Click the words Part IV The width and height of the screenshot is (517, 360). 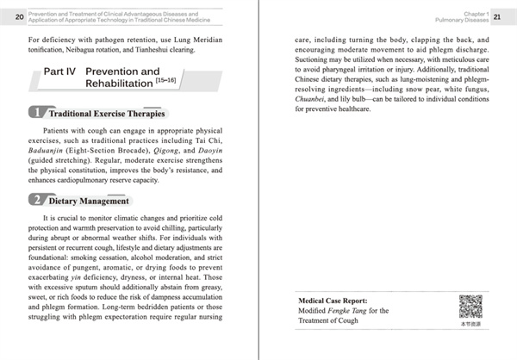pos(60,71)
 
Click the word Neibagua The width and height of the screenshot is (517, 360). pos(83,51)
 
